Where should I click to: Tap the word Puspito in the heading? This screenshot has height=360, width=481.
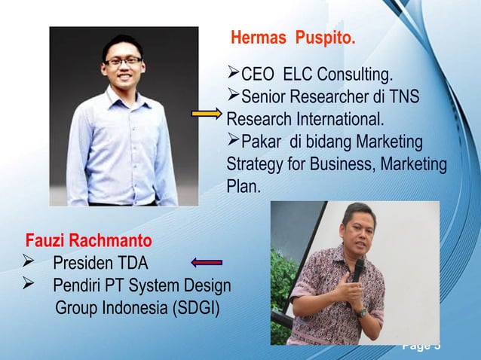(326, 38)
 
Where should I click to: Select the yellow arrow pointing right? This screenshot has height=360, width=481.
(206, 114)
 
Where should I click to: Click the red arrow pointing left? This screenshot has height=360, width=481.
(207, 262)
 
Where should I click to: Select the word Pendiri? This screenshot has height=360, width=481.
(79, 287)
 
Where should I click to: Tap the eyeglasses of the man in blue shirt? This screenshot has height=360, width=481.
(122, 60)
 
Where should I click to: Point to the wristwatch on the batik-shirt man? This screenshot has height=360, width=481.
(363, 312)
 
